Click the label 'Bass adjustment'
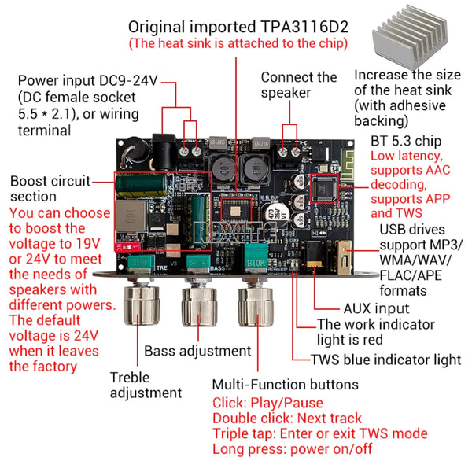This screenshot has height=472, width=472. [197, 351]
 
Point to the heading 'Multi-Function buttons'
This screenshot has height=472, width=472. [285, 385]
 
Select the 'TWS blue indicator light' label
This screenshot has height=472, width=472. [385, 360]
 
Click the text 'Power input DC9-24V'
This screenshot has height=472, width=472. [86, 80]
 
